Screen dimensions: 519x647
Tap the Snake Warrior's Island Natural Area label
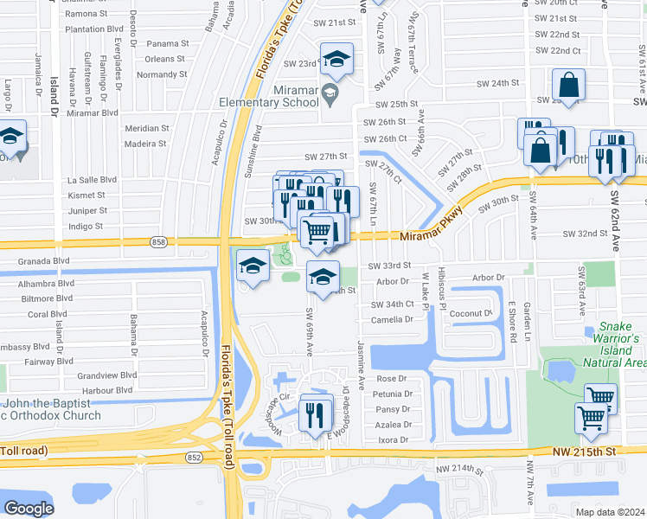click(618, 344)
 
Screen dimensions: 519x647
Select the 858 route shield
click(158, 243)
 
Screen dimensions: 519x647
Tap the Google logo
click(29, 508)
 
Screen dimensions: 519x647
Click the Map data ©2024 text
click(610, 511)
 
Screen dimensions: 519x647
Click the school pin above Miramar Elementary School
click(336, 60)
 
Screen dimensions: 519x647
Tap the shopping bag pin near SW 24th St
click(568, 86)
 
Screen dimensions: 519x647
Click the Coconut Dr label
click(470, 313)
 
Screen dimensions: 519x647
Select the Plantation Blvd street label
click(91, 29)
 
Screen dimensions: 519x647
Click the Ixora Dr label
click(394, 440)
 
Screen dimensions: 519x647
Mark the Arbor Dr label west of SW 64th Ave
click(489, 278)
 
